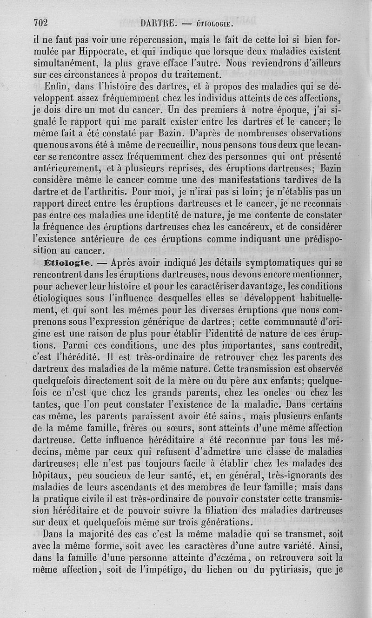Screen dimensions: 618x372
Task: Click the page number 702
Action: click(x=41, y=21)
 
